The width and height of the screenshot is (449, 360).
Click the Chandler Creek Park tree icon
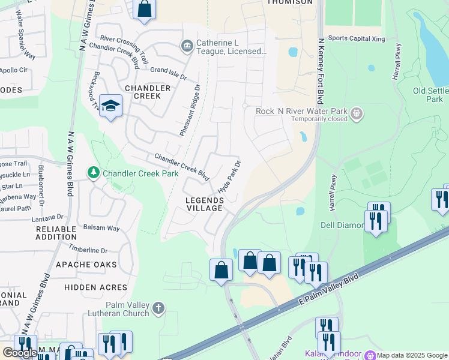coord(93,173)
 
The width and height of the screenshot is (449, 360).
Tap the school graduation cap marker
coord(110,106)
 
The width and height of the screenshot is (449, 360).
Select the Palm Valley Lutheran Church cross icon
coord(158,308)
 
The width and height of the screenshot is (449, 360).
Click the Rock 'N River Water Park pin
coord(357,112)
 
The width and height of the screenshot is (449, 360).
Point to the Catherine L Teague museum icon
coord(187,46)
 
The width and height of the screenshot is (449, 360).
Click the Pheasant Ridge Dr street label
coord(189,110)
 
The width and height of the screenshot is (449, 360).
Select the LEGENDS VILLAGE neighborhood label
coord(204,204)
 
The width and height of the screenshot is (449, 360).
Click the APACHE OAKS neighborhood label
coord(86,265)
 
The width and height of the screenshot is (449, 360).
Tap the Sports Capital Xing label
coord(356,38)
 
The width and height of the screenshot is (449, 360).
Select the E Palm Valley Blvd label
coord(328,292)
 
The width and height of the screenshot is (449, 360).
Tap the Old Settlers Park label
coord(430,95)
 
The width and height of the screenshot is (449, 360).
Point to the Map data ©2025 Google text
coord(412,355)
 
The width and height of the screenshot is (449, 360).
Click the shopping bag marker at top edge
coord(144,10)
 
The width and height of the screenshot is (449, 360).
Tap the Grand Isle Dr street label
coord(169,74)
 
